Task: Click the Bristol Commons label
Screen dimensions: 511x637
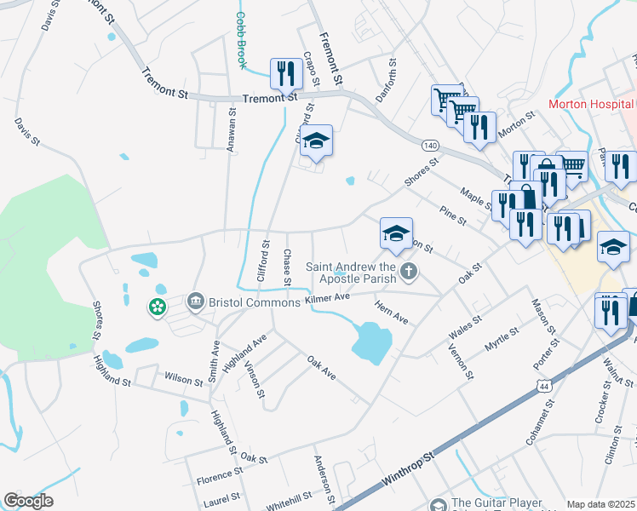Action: (x=255, y=302)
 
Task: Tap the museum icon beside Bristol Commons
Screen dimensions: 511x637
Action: (x=195, y=301)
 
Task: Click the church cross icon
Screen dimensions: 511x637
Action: (x=410, y=273)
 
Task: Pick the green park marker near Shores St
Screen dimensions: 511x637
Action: (x=157, y=307)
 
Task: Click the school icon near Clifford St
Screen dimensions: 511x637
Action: (x=316, y=141)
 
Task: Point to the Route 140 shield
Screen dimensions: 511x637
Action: (x=431, y=146)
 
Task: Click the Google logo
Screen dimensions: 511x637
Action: (x=28, y=501)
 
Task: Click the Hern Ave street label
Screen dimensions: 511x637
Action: (x=392, y=312)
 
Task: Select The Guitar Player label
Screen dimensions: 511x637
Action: (x=498, y=503)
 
